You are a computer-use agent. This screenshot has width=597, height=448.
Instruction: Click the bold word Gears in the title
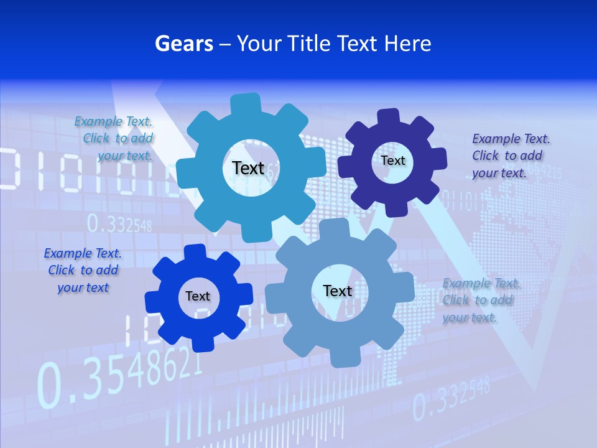tap(184, 44)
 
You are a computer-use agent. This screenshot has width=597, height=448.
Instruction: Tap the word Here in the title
tap(407, 44)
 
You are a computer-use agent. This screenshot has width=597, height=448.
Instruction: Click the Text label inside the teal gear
tap(248, 168)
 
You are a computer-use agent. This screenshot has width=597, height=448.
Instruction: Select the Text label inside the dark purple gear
tap(393, 161)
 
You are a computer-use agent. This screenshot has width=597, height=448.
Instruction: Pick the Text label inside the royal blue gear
tap(198, 296)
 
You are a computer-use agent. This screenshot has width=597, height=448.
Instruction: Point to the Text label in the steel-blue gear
tap(338, 291)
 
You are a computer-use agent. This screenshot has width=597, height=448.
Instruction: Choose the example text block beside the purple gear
tap(510, 156)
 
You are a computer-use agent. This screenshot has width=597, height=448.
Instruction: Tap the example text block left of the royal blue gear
tap(83, 270)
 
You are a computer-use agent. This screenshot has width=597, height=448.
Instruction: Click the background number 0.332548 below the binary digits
tap(119, 223)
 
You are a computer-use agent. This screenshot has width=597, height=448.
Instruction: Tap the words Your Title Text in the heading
tap(299, 44)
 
